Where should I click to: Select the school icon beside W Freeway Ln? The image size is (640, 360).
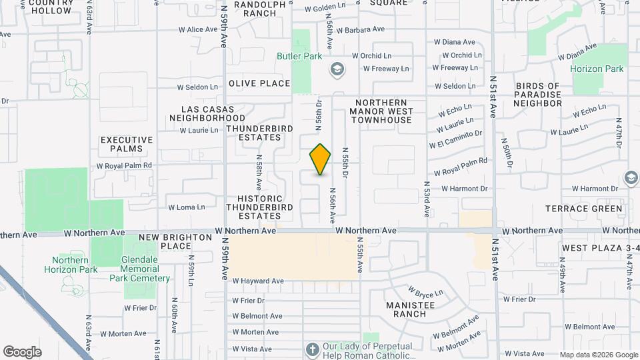[337, 69]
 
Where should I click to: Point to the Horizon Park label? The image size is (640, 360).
[597, 69]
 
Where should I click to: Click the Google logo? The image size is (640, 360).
[22, 352]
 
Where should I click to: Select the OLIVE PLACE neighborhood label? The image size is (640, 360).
[259, 83]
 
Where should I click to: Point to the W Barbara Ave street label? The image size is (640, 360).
[361, 30]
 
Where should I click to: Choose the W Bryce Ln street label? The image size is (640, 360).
[425, 293]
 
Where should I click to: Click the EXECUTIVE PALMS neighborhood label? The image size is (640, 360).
[127, 144]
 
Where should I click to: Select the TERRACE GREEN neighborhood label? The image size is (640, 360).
[585, 209]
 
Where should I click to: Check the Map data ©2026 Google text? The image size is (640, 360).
[598, 355]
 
